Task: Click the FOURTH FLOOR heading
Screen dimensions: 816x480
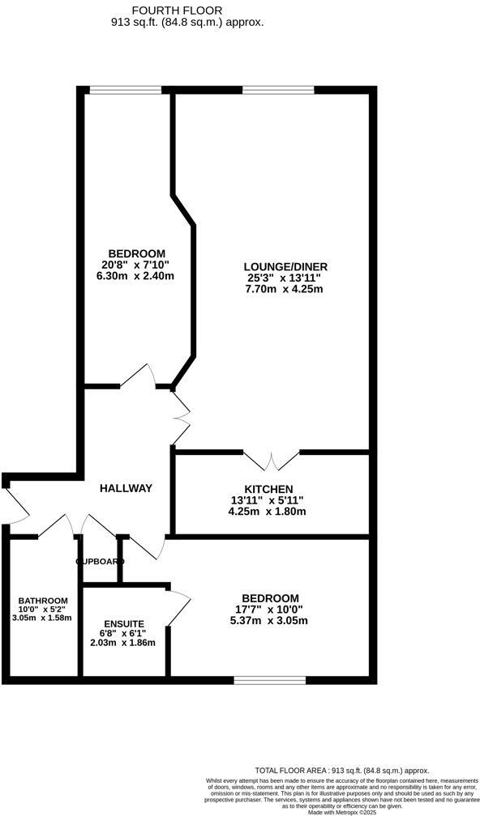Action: [188, 11]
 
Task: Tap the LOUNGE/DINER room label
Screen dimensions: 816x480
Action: [285, 266]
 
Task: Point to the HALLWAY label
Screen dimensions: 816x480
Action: [126, 488]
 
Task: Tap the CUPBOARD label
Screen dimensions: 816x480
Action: [100, 561]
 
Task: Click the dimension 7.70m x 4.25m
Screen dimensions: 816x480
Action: [285, 289]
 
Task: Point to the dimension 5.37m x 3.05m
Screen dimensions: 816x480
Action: [270, 621]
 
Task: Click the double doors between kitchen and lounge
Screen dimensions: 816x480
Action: [272, 461]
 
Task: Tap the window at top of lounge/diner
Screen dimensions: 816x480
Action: [268, 90]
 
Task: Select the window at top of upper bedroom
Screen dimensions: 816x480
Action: [125, 90]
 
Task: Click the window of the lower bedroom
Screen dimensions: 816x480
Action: [270, 678]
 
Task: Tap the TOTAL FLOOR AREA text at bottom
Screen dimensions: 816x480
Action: [341, 771]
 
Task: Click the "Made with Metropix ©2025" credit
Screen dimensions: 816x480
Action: [341, 811]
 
